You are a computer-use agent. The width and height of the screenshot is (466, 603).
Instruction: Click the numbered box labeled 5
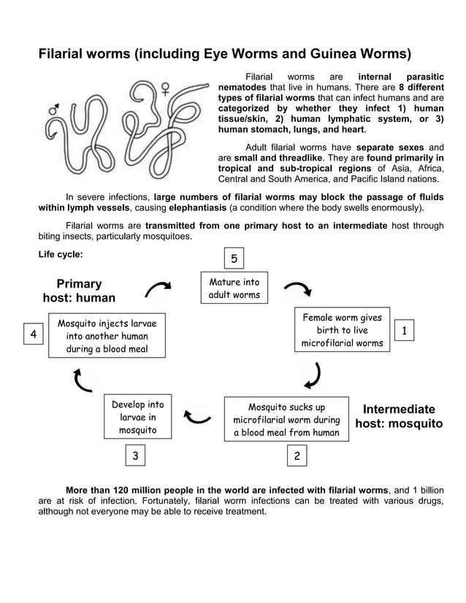click(234, 259)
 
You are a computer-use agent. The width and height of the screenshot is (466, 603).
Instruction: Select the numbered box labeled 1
click(404, 331)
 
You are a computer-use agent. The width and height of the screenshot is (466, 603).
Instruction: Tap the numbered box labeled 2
click(297, 456)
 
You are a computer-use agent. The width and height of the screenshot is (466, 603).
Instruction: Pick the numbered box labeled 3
click(134, 456)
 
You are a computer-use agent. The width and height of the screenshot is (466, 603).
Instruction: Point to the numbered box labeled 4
click(33, 334)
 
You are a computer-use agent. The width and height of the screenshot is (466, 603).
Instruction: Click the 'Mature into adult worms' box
click(234, 289)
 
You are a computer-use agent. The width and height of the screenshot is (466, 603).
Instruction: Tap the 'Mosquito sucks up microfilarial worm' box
click(286, 420)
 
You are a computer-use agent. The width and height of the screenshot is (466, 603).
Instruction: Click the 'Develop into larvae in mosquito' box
click(138, 418)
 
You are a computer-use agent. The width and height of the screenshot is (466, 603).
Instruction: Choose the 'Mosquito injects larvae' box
click(107, 336)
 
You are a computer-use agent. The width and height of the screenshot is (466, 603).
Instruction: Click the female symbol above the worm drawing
click(166, 90)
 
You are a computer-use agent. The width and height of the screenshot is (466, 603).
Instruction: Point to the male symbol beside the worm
click(53, 110)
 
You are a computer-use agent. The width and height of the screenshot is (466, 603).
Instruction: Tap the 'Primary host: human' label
click(79, 291)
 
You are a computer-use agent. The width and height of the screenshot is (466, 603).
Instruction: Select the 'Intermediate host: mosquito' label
click(399, 416)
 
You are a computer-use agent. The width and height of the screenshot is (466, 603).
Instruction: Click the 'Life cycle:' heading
click(61, 255)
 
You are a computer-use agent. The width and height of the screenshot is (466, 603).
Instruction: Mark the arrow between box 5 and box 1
click(298, 290)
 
